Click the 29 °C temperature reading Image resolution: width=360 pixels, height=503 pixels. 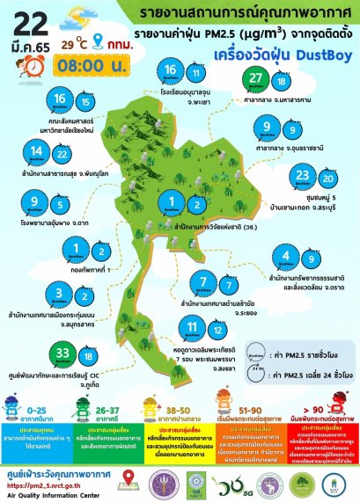tap(72, 41)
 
